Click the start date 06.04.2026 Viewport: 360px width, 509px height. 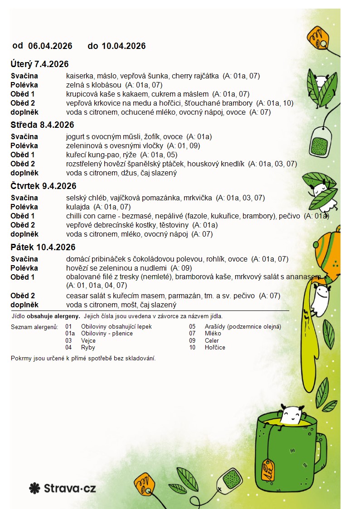pyautogui.click(x=50, y=46)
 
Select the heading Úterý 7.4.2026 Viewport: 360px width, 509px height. pyautogui.click(x=39, y=64)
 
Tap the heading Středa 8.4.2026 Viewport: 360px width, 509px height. pyautogui.click(x=42, y=125)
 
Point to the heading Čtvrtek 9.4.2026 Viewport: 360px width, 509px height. pyautogui.click(x=43, y=186)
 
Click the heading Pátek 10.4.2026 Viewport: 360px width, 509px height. pyautogui.click(x=43, y=247)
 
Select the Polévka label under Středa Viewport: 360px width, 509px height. pyautogui.click(x=24, y=145)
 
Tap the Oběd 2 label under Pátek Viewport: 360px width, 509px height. pyautogui.click(x=23, y=296)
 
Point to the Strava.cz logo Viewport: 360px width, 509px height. pyautogui.click(x=63, y=488)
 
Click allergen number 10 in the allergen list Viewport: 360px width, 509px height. pyautogui.click(x=192, y=347)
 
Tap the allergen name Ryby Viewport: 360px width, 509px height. pyautogui.click(x=88, y=347)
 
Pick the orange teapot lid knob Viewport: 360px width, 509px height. pyautogui.click(x=316, y=245)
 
